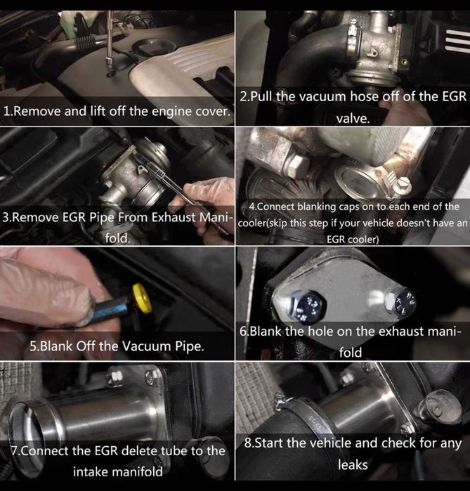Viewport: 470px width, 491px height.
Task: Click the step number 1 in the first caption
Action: (8, 112)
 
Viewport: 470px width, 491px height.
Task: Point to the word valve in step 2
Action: (353, 118)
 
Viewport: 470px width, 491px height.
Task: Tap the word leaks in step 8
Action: (353, 465)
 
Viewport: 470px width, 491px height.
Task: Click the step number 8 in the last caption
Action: (248, 443)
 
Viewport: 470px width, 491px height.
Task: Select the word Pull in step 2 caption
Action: (266, 96)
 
